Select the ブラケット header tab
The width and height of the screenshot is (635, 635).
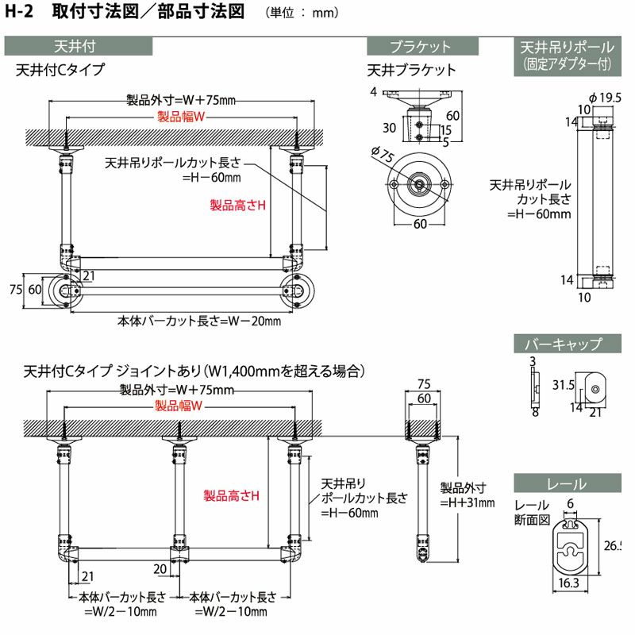coord(421,46)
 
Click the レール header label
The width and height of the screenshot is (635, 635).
coord(566,483)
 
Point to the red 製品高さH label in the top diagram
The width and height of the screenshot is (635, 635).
coord(237,206)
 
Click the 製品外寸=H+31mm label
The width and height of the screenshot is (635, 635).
coord(468,495)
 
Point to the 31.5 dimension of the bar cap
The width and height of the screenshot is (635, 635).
coord(564,385)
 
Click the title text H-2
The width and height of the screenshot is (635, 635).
coord(21,13)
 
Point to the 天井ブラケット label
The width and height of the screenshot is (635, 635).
coord(412,70)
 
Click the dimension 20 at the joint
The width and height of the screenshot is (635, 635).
coord(161,568)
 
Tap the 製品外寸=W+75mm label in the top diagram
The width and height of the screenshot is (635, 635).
coord(182,101)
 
